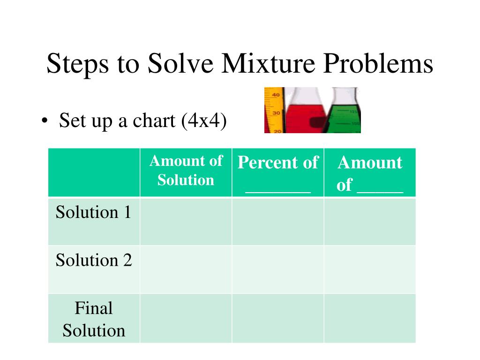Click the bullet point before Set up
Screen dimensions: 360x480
click(x=44, y=122)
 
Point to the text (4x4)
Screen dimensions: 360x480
click(x=204, y=121)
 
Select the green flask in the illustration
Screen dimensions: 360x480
click(x=345, y=115)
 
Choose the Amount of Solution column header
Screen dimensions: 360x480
click(x=186, y=171)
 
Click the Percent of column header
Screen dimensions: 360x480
click(x=277, y=163)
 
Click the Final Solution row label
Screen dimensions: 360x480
click(x=94, y=319)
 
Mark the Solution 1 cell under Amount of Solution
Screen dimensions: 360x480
click(x=186, y=221)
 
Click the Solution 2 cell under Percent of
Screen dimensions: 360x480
click(x=277, y=270)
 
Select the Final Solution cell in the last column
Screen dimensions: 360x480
click(x=369, y=318)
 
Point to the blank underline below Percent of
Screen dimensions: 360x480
click(x=277, y=190)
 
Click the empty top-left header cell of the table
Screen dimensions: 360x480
click(x=94, y=172)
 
